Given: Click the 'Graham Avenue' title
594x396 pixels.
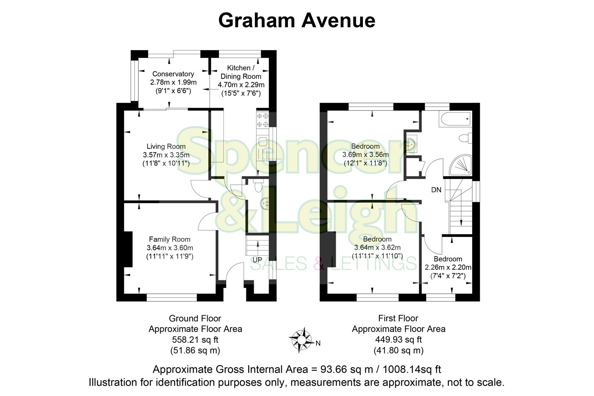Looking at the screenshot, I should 297,20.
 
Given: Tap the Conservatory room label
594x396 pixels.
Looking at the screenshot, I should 173,74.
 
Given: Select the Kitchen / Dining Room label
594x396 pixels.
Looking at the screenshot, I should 241,72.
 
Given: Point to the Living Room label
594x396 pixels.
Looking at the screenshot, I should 166,147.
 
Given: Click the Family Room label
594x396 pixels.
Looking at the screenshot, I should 169,239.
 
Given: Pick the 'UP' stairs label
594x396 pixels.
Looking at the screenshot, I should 257,260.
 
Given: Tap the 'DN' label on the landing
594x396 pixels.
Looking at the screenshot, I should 436,190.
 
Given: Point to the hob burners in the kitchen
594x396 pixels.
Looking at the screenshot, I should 263,120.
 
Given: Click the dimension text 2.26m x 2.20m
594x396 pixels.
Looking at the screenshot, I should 448,267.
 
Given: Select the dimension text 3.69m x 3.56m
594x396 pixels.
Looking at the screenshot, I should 365,155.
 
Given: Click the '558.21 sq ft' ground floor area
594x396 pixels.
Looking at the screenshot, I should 195,340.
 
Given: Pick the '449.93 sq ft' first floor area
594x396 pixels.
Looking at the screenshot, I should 398,340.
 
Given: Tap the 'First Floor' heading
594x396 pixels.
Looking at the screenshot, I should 398,318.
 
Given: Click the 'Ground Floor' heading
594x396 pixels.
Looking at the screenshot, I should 195,318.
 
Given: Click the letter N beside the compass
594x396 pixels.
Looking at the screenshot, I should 318,344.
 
